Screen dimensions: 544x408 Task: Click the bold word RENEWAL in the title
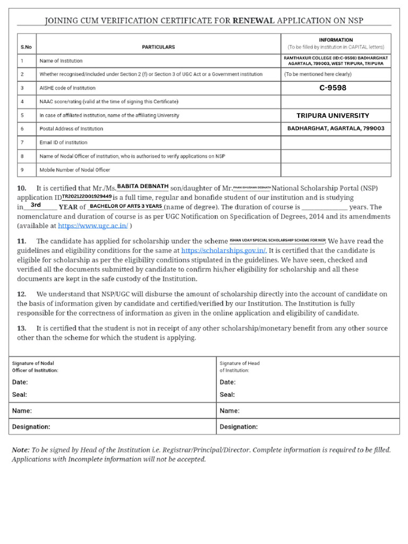click(x=253, y=21)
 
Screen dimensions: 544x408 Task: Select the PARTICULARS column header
click(x=158, y=47)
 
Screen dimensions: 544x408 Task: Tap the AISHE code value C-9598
click(x=333, y=88)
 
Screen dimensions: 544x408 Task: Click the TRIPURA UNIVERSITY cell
click(x=333, y=115)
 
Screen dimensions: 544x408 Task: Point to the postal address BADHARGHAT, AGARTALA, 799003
click(x=335, y=129)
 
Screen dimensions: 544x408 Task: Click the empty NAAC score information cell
click(x=335, y=101)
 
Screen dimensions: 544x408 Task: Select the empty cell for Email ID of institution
click(x=335, y=142)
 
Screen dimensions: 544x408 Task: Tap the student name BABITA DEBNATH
click(x=142, y=186)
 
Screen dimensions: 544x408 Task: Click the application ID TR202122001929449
click(x=83, y=197)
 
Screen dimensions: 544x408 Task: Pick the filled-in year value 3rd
click(x=36, y=205)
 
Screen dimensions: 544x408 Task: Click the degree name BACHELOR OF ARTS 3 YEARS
click(x=126, y=206)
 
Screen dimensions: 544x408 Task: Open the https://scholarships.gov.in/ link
click(x=223, y=250)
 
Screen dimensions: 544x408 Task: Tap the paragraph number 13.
click(x=21, y=328)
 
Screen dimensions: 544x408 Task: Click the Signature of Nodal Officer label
click(x=35, y=367)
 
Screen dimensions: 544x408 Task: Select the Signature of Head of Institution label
click(x=240, y=367)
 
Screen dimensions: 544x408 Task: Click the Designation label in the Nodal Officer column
click(x=31, y=427)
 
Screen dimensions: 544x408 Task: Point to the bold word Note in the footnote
click(x=20, y=450)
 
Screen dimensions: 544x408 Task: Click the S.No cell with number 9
click(x=22, y=170)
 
